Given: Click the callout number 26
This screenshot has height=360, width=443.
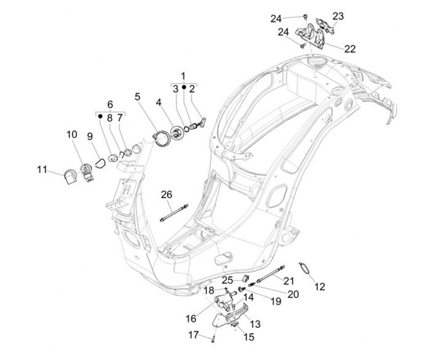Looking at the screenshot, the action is point(167,195).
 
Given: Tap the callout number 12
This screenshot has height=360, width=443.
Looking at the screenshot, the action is point(319,286).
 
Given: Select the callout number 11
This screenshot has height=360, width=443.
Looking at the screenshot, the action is point(42,169).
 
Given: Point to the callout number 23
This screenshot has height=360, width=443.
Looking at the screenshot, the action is point(338,16).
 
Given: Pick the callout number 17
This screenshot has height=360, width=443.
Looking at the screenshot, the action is point(193,335).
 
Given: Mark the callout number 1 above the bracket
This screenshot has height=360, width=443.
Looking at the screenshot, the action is point(183,76).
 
